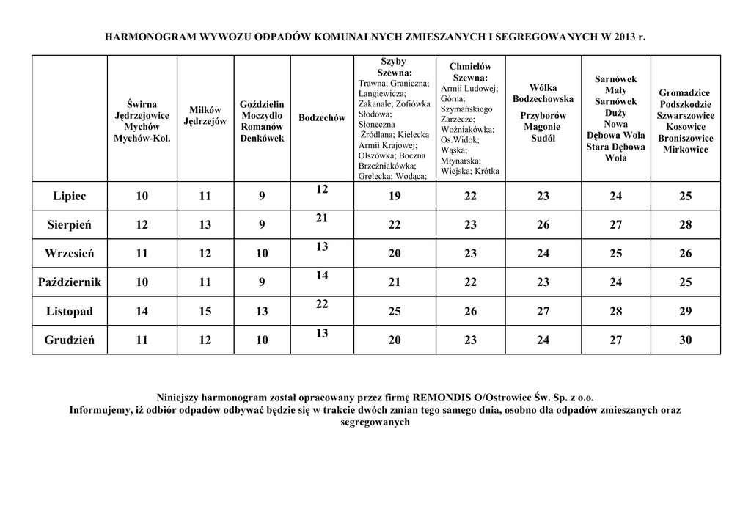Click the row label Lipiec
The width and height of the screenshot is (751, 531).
pyautogui.click(x=69, y=197)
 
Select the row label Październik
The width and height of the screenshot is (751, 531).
pyautogui.click(x=69, y=282)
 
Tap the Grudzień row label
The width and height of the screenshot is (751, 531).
pyautogui.click(x=69, y=340)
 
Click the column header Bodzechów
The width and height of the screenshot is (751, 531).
pyautogui.click(x=322, y=118)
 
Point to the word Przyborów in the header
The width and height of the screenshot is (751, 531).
pyautogui.click(x=543, y=116)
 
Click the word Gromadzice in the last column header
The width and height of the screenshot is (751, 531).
pyautogui.click(x=684, y=93)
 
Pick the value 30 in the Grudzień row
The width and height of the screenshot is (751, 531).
pyautogui.click(x=685, y=340)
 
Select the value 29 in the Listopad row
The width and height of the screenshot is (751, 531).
pyautogui.click(x=685, y=312)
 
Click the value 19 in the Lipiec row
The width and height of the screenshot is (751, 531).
pyautogui.click(x=395, y=197)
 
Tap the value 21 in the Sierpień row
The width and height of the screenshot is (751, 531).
pyautogui.click(x=322, y=219)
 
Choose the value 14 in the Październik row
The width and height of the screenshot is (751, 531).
pyautogui.click(x=322, y=276)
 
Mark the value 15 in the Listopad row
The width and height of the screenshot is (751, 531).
pyautogui.click(x=205, y=312)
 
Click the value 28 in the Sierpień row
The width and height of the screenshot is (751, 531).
pyautogui.click(x=685, y=225)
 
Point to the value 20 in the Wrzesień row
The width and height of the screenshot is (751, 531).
pyautogui.click(x=395, y=254)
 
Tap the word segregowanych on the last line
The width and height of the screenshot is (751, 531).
pyautogui.click(x=375, y=422)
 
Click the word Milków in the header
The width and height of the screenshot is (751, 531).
pyautogui.click(x=205, y=110)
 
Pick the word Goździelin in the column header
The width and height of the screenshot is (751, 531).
pyautogui.click(x=262, y=105)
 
